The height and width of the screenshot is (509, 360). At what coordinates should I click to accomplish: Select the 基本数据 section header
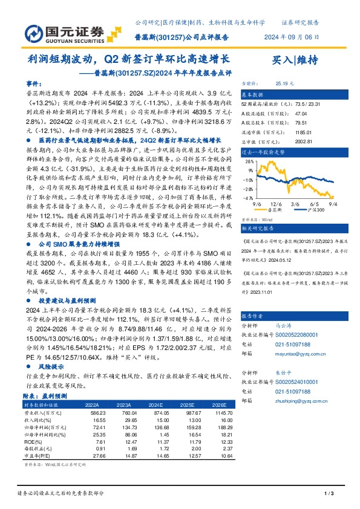pos(253,96)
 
